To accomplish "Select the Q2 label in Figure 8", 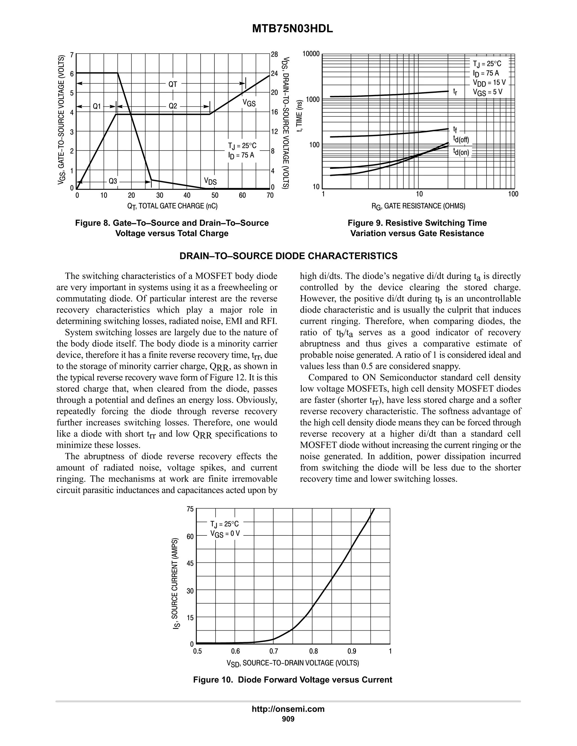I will click(173, 106).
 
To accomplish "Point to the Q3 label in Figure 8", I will click(113, 181).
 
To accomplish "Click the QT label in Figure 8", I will click(173, 84).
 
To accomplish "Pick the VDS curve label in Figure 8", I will click(210, 181).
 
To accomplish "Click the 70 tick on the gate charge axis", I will click(270, 196).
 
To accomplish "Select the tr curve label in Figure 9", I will click(455, 91).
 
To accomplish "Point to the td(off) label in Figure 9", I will click(461, 140).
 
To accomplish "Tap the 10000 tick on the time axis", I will click(311, 54).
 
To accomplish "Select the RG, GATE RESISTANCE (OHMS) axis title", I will click(418, 206).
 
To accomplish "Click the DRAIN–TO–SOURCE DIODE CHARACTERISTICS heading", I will click(288, 256).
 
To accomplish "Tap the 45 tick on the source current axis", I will click(190, 563).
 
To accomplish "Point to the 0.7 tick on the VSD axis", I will click(274, 651).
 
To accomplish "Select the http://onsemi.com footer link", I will click(288, 709).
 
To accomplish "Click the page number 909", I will click(288, 719).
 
